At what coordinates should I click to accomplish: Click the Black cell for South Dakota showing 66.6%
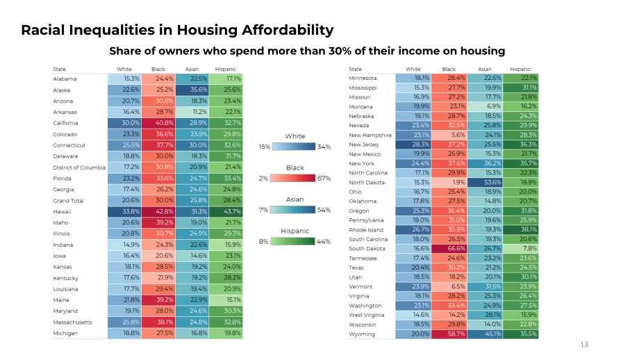pos(449,248)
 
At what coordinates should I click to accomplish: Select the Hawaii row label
pos(62,211)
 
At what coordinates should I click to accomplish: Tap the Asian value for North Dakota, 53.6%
pos(485,182)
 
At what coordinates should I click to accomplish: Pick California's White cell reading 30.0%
pos(124,123)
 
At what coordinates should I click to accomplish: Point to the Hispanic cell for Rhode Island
pos(520,229)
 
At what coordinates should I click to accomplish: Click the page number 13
pos(584,345)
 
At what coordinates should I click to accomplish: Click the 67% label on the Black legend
pos(324,179)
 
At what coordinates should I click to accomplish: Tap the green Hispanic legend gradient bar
pos(293,241)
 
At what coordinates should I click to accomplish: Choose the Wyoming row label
pos(361,334)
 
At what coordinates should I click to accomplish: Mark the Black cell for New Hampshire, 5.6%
pos(449,135)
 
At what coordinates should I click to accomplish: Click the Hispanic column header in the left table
pos(225,69)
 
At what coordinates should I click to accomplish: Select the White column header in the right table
pos(413,69)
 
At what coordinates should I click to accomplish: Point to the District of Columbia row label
pos(79,167)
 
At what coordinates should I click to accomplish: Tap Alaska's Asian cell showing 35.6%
pos(192,90)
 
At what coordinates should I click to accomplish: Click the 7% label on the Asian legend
pos(263,210)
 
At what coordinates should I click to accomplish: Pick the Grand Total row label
pos(68,201)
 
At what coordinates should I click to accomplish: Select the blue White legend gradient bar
pos(293,147)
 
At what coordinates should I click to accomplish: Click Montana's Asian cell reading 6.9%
pos(485,106)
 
